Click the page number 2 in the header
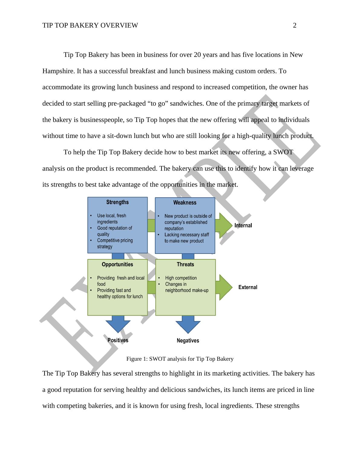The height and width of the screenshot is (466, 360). (x=295, y=25)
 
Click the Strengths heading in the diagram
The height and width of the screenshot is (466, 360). (x=117, y=202)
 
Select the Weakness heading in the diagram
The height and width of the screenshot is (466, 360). (x=185, y=203)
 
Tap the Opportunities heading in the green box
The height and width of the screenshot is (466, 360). (x=117, y=264)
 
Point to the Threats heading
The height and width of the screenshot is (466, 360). (x=185, y=264)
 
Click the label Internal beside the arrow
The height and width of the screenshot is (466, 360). (x=243, y=225)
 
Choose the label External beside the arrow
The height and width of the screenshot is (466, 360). (x=248, y=287)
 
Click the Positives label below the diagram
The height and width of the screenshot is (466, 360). (x=118, y=340)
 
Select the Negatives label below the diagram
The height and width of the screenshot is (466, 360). (x=188, y=341)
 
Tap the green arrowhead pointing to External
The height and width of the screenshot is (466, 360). (x=225, y=287)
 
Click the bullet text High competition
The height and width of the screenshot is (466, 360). (x=181, y=278)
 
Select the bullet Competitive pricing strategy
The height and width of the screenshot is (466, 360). (x=115, y=244)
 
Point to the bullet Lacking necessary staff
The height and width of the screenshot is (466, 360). (x=186, y=238)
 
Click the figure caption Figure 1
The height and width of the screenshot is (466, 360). (x=180, y=359)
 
